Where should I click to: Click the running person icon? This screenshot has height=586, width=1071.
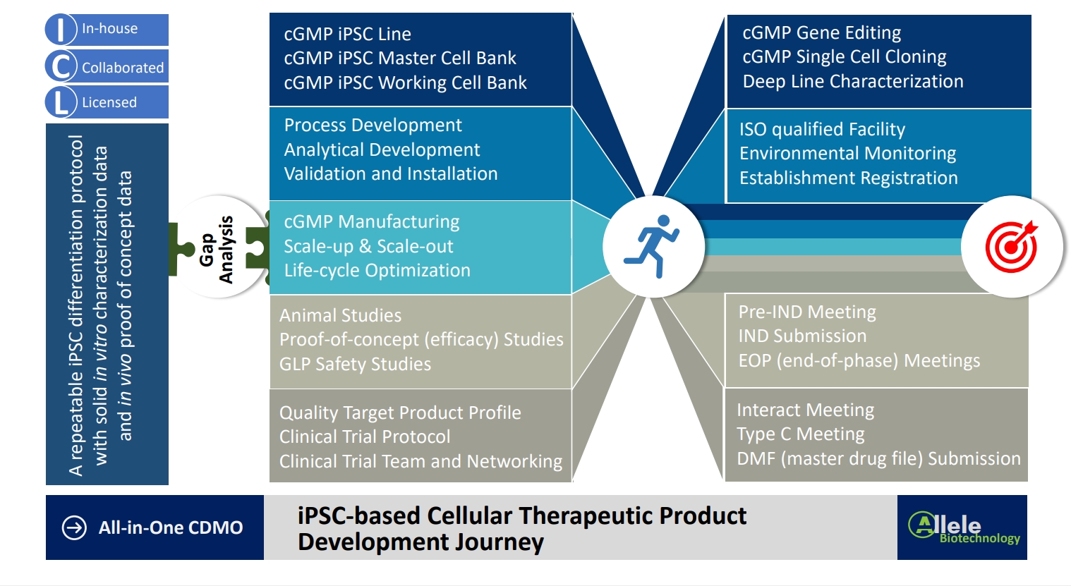(653, 246)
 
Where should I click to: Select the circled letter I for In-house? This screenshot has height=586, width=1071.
(61, 30)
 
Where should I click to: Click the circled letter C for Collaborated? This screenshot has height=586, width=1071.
(61, 67)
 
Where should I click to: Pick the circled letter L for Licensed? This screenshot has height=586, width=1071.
(61, 102)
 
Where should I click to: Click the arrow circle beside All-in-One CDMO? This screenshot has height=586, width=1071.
(74, 527)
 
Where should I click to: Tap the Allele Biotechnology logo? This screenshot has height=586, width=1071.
(963, 527)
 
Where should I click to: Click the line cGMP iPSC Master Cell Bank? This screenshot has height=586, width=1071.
(400, 58)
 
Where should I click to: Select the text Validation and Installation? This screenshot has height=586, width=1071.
(391, 173)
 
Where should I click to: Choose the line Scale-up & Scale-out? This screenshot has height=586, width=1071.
(368, 246)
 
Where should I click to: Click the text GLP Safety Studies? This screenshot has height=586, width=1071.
(355, 364)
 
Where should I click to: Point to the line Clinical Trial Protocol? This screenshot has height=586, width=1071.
(365, 437)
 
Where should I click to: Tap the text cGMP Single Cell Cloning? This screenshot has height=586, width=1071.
(845, 56)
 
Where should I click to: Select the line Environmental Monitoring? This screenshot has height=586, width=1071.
(847, 153)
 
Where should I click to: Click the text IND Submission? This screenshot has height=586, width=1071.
(802, 336)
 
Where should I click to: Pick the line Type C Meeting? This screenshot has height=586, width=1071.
(800, 434)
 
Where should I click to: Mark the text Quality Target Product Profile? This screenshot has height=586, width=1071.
(400, 413)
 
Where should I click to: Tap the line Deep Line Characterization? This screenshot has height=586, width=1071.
(852, 81)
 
